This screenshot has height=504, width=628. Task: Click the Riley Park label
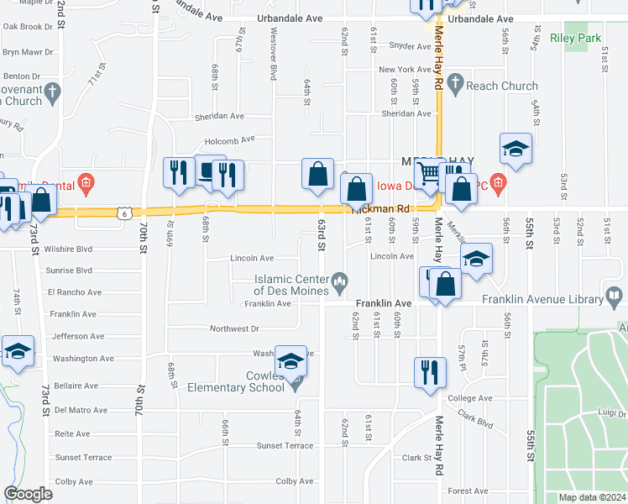pos(575,38)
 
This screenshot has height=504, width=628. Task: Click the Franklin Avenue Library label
pos(542,299)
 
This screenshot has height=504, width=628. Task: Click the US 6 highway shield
pos(123,213)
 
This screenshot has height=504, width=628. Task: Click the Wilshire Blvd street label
pos(71,249)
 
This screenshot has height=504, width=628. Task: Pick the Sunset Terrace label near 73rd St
pos(83,458)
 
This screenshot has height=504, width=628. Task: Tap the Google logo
pos(28,494)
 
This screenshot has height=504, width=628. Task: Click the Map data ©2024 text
pos(592,497)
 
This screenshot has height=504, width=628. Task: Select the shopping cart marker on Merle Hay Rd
pos(429,174)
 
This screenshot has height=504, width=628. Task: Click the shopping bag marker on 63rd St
pos(318,174)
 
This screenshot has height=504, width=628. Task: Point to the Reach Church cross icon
pos(456,82)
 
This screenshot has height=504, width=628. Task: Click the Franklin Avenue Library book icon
pos(614,298)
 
